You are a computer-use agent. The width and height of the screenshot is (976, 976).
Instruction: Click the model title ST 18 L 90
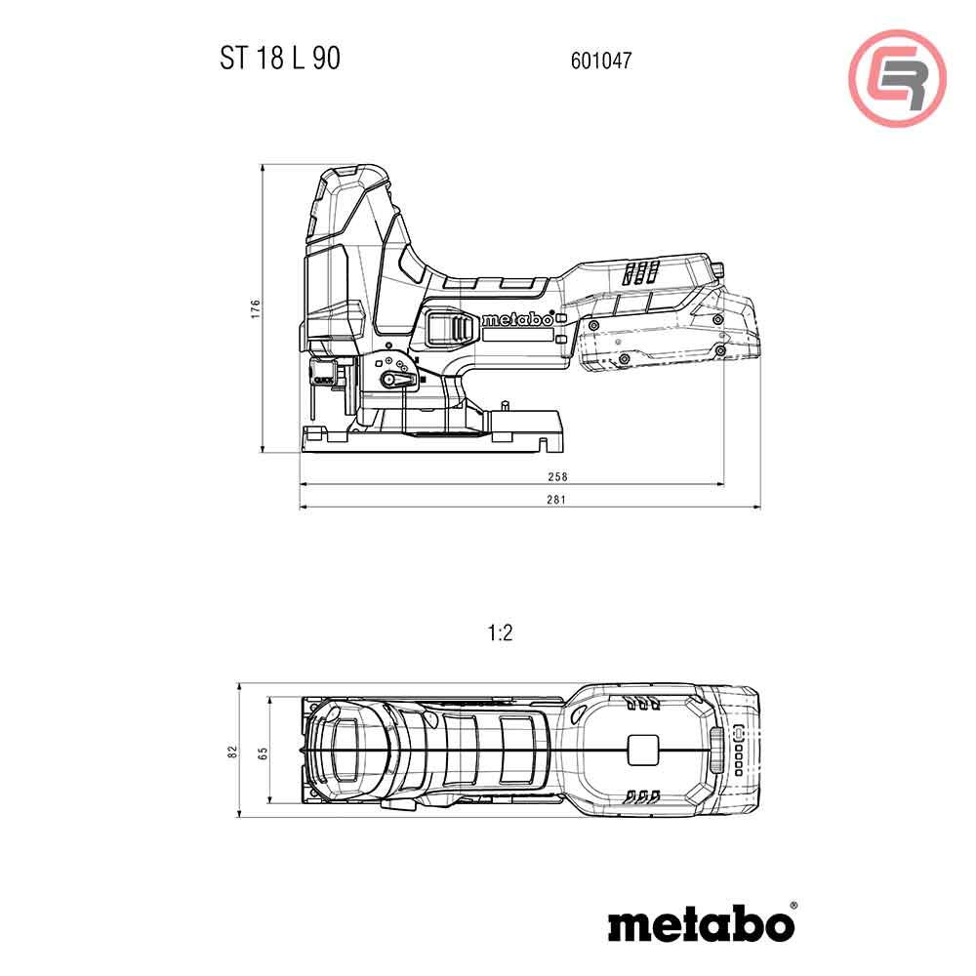click(279, 59)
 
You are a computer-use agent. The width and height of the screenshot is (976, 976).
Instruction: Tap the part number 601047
click(600, 61)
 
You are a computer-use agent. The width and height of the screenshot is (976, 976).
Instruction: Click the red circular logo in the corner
click(897, 78)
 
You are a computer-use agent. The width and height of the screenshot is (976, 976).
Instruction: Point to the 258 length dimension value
click(558, 477)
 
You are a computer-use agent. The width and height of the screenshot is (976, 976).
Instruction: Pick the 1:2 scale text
click(500, 633)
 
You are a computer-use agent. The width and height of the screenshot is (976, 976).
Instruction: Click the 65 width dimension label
click(263, 752)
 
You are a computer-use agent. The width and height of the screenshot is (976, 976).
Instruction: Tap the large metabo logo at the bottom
click(701, 924)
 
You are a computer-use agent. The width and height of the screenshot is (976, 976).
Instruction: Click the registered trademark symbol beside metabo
click(793, 907)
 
